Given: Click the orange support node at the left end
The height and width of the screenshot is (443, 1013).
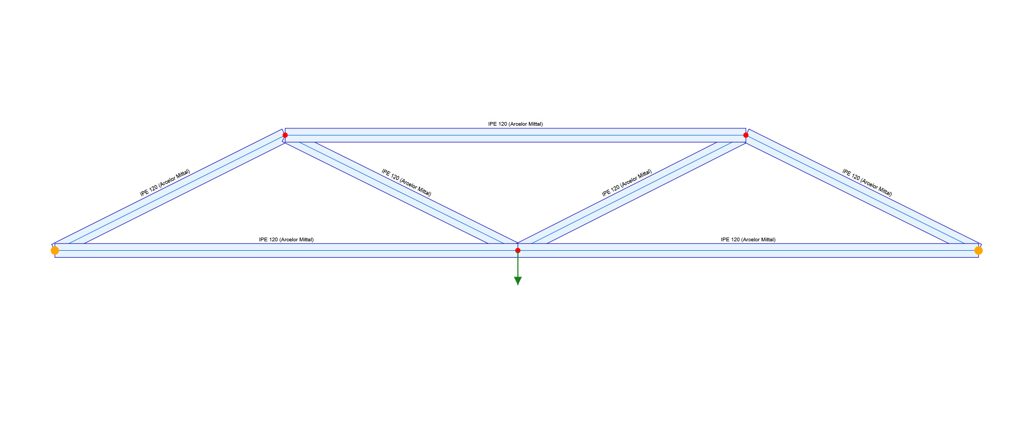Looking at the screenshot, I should point(55,250).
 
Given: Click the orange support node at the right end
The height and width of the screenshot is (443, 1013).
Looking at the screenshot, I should point(978,250).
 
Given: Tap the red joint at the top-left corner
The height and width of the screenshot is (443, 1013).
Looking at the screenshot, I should point(285,135).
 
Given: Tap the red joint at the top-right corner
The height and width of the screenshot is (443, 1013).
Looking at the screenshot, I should point(746,135).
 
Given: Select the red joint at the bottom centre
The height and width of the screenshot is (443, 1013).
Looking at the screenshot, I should point(518,250).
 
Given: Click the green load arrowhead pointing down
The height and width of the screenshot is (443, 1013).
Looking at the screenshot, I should point(518,281).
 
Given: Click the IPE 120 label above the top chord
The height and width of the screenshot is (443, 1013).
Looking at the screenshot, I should point(515,124).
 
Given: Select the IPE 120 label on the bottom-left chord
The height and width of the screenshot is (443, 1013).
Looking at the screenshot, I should point(286,240).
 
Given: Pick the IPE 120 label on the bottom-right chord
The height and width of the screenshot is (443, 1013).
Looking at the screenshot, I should point(748,240).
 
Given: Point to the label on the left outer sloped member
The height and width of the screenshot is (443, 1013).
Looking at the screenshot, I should point(165,183).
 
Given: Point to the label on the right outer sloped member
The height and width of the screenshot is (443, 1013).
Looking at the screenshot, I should point(867,183).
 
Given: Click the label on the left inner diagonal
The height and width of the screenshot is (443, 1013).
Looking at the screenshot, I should point(406,183).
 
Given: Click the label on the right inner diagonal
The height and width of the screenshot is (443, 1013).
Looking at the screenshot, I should point(627,183).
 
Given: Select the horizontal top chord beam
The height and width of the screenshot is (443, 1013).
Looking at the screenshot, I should point(515,136).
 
